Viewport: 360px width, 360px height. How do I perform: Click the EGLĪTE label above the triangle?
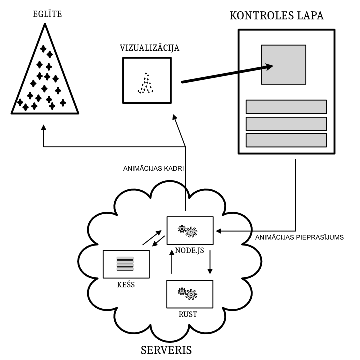[44, 15]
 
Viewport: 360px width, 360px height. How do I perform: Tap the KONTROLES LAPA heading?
[276, 15]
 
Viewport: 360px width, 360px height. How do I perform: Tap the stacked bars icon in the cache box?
[126, 263]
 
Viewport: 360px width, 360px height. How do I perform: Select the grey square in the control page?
[283, 65]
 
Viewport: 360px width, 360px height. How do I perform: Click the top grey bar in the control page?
[286, 107]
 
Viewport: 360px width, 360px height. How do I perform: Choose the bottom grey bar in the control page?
[286, 140]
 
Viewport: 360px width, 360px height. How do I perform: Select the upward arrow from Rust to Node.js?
[171, 262]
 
